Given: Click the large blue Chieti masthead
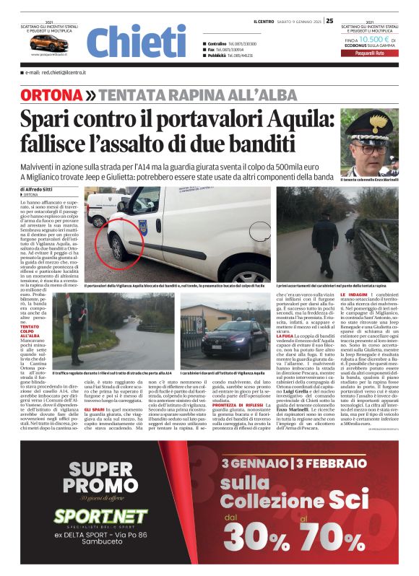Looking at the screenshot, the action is coord(136,41).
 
